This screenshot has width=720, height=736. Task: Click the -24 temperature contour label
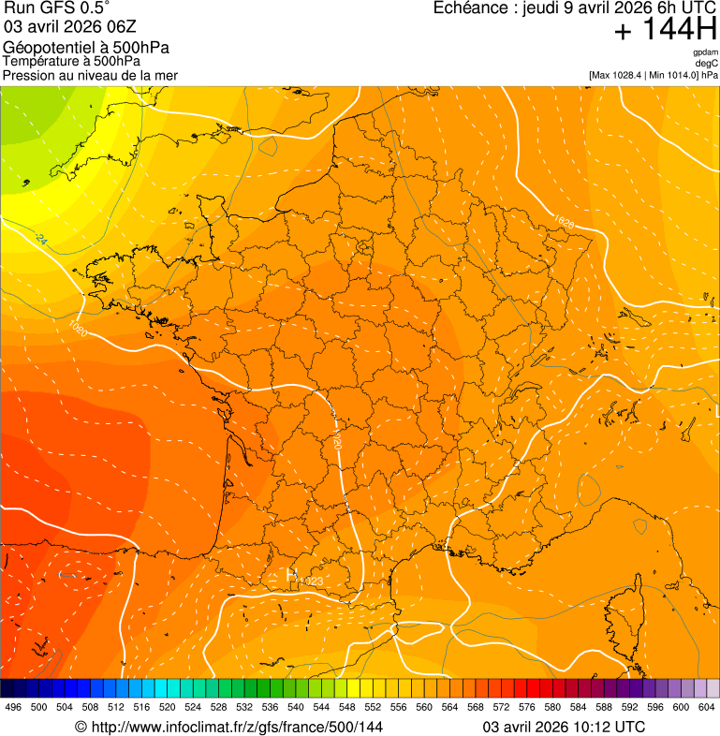click(40, 241)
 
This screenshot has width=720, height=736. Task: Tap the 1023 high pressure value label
click(310, 581)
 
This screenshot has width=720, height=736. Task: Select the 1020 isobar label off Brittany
click(79, 329)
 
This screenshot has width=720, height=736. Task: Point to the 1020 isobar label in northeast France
click(564, 222)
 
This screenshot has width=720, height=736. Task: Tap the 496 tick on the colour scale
click(13, 707)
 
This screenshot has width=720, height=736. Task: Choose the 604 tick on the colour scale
click(707, 707)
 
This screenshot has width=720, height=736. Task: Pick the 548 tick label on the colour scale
click(373, 707)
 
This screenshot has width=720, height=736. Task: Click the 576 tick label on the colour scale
click(527, 707)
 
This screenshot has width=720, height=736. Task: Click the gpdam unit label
click(705, 52)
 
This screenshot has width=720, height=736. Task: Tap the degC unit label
click(707, 64)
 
